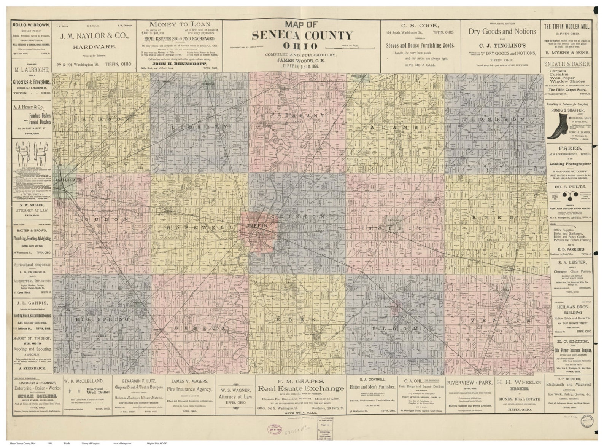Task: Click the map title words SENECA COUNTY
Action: point(302,35)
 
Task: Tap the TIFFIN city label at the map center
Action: point(257,225)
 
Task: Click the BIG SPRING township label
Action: point(102,319)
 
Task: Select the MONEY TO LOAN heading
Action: point(179,24)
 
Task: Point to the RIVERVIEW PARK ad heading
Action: point(469,382)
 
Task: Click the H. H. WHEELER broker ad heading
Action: point(520,382)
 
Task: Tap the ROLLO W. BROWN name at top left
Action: point(31,25)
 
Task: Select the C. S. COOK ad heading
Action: point(420,26)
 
